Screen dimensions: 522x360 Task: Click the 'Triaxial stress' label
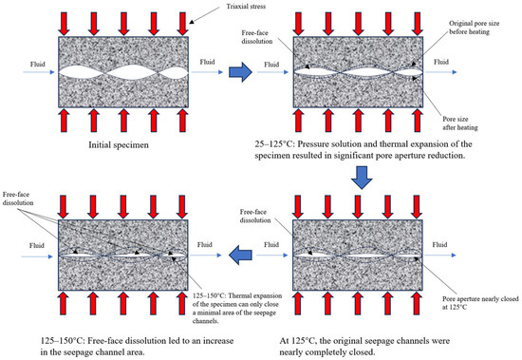[246, 7]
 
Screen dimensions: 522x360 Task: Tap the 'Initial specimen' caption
[119, 145]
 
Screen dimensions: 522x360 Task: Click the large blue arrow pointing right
[240, 72]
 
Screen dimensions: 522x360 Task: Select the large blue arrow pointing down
[362, 178]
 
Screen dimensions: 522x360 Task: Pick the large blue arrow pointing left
[240, 256]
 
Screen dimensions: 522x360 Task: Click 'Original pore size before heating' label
[474, 28]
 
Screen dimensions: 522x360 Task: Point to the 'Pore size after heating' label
[460, 123]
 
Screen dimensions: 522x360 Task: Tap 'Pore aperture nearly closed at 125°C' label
[480, 303]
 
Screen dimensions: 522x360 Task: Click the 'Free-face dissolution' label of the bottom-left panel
[18, 199]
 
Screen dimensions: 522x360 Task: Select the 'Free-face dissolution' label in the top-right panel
[257, 37]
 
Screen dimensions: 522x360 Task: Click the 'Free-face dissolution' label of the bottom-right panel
[255, 216]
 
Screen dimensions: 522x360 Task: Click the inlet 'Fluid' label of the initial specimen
[38, 64]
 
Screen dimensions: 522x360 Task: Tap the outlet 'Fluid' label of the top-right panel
[441, 62]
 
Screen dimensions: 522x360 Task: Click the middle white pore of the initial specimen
[132, 72]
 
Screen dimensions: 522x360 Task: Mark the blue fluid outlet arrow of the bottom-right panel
[440, 256]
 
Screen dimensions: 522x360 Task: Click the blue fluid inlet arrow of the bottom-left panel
[37, 256]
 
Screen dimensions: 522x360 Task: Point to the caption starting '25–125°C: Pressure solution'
[364, 150]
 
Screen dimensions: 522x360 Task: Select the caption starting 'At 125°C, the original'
[364, 347]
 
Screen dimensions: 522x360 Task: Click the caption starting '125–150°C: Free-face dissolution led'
[137, 347]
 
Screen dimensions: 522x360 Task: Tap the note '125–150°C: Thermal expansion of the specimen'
[237, 309]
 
